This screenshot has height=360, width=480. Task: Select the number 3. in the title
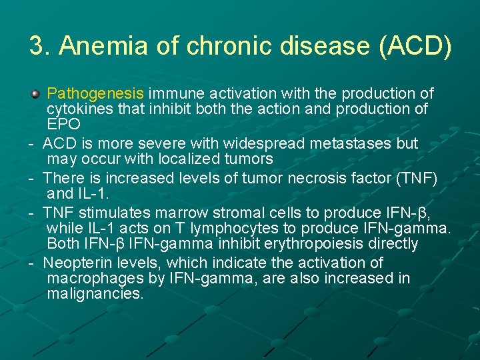pos(40,46)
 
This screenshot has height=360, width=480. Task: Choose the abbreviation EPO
pos(63,124)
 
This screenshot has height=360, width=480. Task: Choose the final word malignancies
pos(95,293)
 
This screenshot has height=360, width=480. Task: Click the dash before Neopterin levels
pos(31,263)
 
